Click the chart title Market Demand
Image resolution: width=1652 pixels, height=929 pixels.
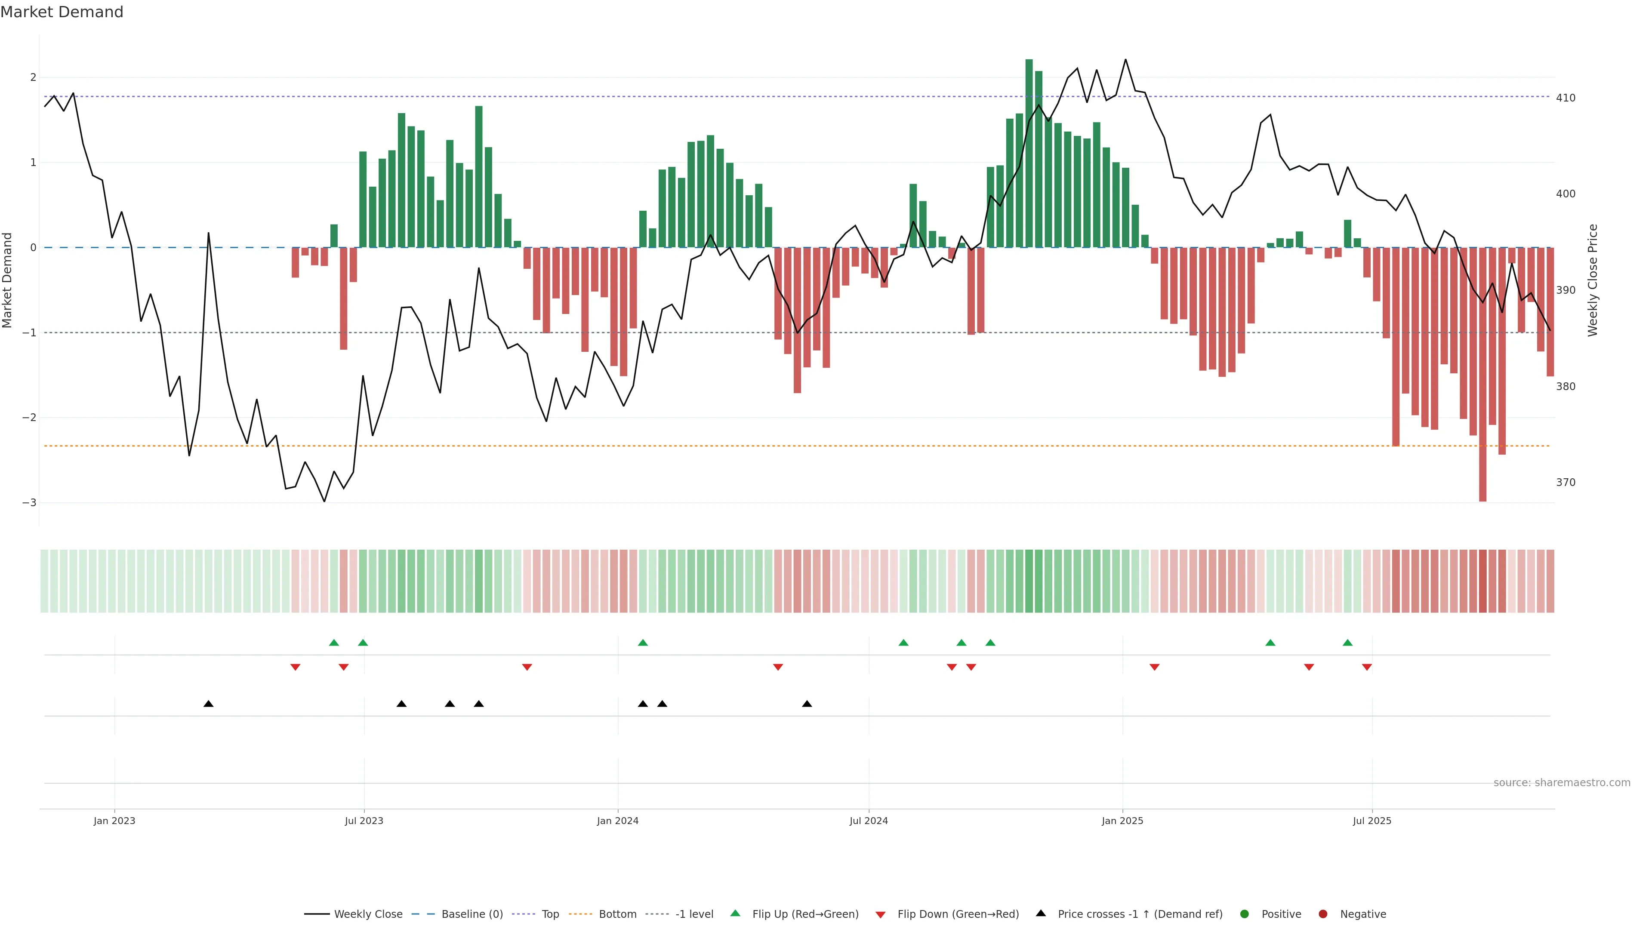pos(62,12)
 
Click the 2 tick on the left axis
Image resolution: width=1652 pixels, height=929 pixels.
pos(33,77)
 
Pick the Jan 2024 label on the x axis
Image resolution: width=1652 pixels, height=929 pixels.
pos(618,821)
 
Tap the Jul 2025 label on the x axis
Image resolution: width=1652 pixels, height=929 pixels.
pos(1372,821)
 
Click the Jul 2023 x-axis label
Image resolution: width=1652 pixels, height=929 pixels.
pos(364,821)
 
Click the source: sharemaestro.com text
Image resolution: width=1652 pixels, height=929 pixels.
pos(1562,783)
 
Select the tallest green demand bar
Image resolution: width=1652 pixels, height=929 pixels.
pos(1029,154)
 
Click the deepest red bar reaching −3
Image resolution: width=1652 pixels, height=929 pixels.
pos(1482,375)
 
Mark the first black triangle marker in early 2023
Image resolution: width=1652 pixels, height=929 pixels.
pos(208,704)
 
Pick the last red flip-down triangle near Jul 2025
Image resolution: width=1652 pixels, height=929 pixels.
pos(1367,668)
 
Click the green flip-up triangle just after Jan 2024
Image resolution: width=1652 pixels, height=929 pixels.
pos(643,643)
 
